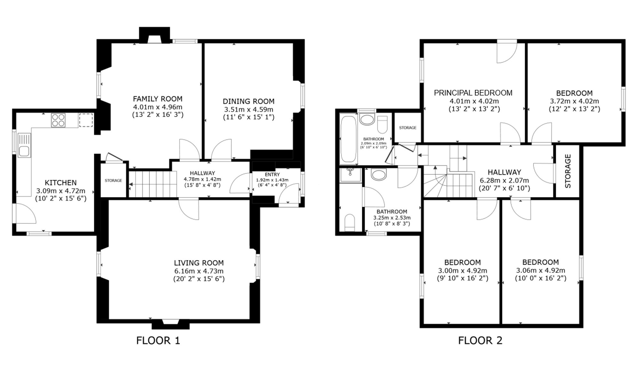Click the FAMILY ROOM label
point(157,99)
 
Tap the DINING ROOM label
point(249,101)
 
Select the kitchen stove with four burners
point(58,120)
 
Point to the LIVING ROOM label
point(199,263)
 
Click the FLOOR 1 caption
point(158,340)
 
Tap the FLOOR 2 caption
point(480,340)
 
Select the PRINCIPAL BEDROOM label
point(473,93)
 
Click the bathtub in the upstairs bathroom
point(348,139)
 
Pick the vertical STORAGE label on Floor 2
point(568,171)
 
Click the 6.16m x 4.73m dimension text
point(199,271)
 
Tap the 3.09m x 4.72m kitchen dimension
point(61,191)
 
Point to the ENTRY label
point(272,174)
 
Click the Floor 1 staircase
point(153,184)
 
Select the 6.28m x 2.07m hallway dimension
point(504,180)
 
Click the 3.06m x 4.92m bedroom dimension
point(540,270)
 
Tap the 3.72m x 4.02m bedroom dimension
point(574,101)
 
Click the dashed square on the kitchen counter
point(86,120)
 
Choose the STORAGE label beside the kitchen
point(113,180)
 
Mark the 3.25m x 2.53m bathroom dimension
point(392,218)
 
